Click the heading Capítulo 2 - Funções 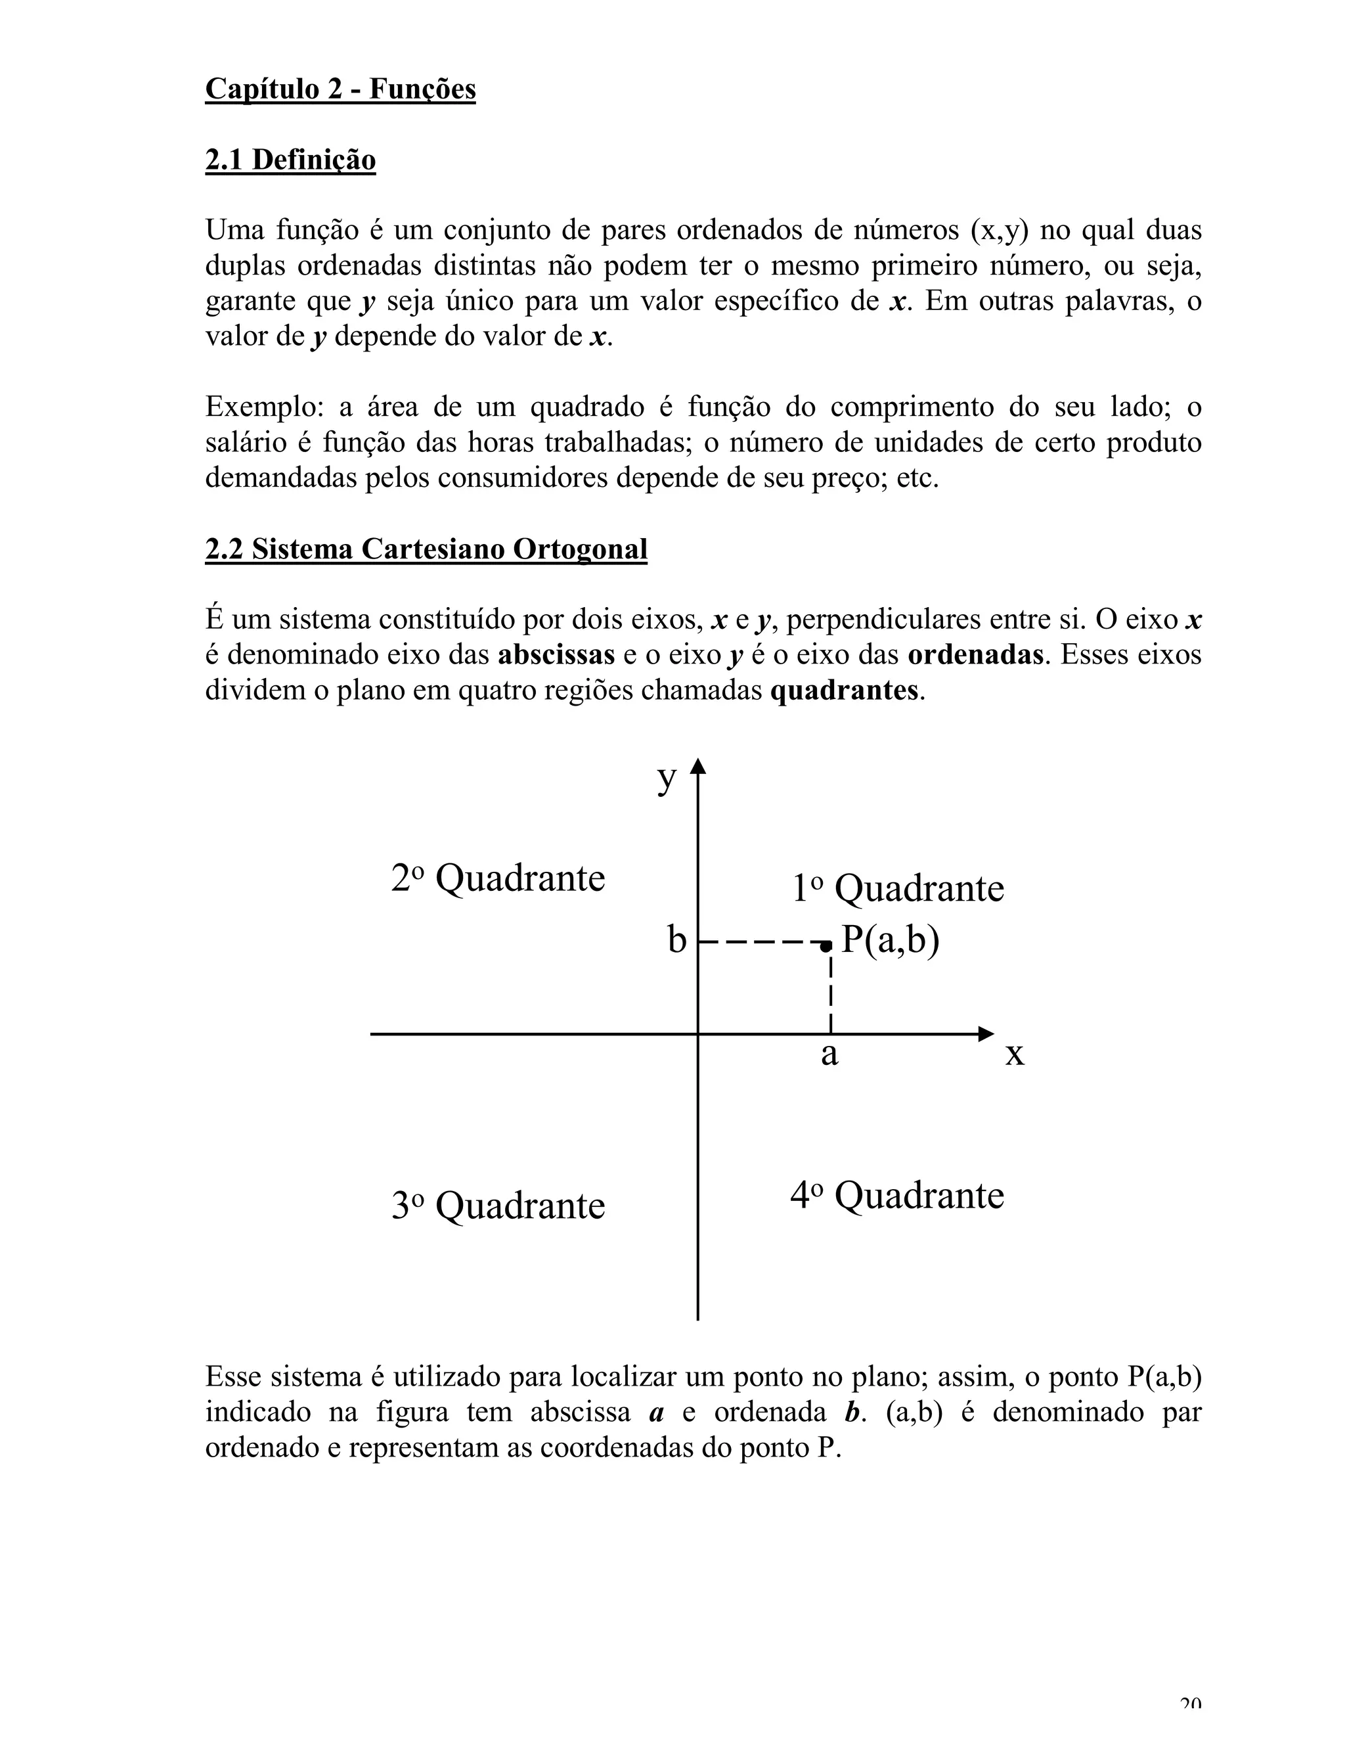tap(340, 89)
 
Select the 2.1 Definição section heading tap(290, 160)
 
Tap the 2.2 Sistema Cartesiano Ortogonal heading tap(426, 549)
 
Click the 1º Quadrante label tap(897, 888)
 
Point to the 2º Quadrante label tap(498, 878)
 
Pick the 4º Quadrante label tap(897, 1195)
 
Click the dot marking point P tap(826, 945)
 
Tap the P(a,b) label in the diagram tap(891, 940)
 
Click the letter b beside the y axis tap(676, 941)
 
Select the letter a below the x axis tap(829, 1054)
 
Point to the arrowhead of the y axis tap(698, 766)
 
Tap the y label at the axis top tap(666, 778)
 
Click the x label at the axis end tap(1014, 1054)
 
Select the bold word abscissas tap(556, 655)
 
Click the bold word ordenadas tap(975, 655)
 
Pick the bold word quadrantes tap(844, 690)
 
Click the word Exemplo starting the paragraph tap(260, 407)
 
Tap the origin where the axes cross tap(698, 1034)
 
